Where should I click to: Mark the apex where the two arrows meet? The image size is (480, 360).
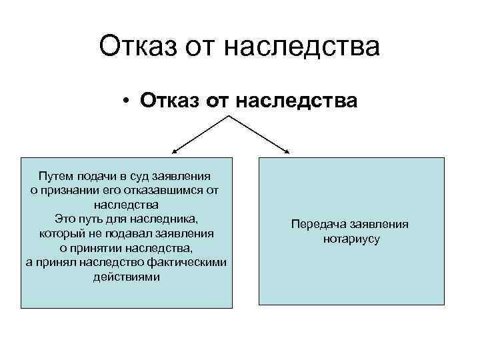pyautogui.click(x=229, y=117)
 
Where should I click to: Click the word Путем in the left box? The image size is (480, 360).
pyautogui.click(x=57, y=176)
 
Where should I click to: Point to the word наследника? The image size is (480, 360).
pyautogui.click(x=167, y=218)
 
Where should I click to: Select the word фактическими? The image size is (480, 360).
pyautogui.click(x=189, y=263)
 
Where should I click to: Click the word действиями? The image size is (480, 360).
pyautogui.click(x=127, y=276)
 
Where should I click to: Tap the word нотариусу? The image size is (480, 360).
pyautogui.click(x=350, y=239)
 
